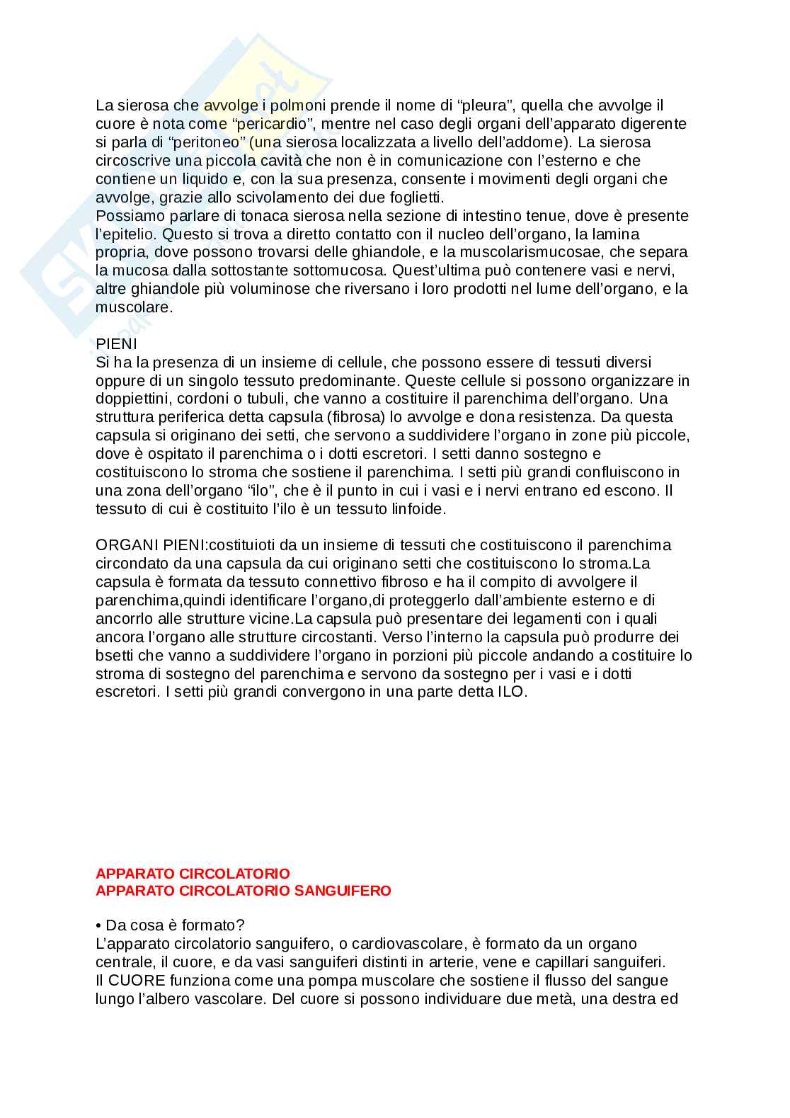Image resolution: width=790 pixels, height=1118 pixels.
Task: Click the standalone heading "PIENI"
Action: coord(116,343)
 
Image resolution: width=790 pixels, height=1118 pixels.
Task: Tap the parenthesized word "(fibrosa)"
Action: coord(359,417)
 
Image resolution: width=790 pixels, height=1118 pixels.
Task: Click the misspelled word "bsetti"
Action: coord(115,656)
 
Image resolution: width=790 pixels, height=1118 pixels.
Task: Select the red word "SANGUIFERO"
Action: coord(341,891)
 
